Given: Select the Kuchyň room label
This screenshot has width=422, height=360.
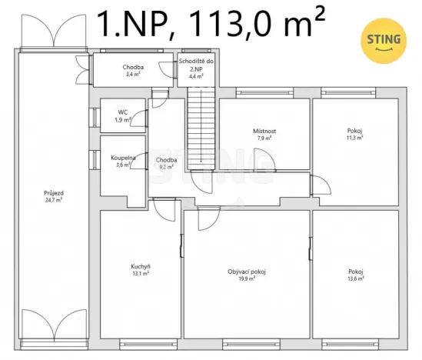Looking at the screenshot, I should pos(140,266).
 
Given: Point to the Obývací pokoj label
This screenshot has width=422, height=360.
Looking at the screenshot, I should pos(247,272).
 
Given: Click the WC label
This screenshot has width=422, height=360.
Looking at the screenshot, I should pos(122,112).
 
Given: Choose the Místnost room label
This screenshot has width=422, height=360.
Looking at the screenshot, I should pos(265,131).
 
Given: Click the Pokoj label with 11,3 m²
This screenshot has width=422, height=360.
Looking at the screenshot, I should pos(354,131).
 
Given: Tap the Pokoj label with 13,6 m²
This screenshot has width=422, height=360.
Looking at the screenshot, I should pos(355,272).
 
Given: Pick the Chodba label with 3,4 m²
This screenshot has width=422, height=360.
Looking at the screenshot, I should pos(134,67).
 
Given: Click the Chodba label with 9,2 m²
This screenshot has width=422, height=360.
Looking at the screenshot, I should pos(168,160).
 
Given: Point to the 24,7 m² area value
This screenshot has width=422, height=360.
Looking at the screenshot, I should pos(54,198).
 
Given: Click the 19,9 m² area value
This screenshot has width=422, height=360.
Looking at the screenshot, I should pos(247,278).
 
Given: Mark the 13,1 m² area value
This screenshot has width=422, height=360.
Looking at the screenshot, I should pos(140,273).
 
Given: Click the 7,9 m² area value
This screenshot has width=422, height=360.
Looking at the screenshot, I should pos(265,138).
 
